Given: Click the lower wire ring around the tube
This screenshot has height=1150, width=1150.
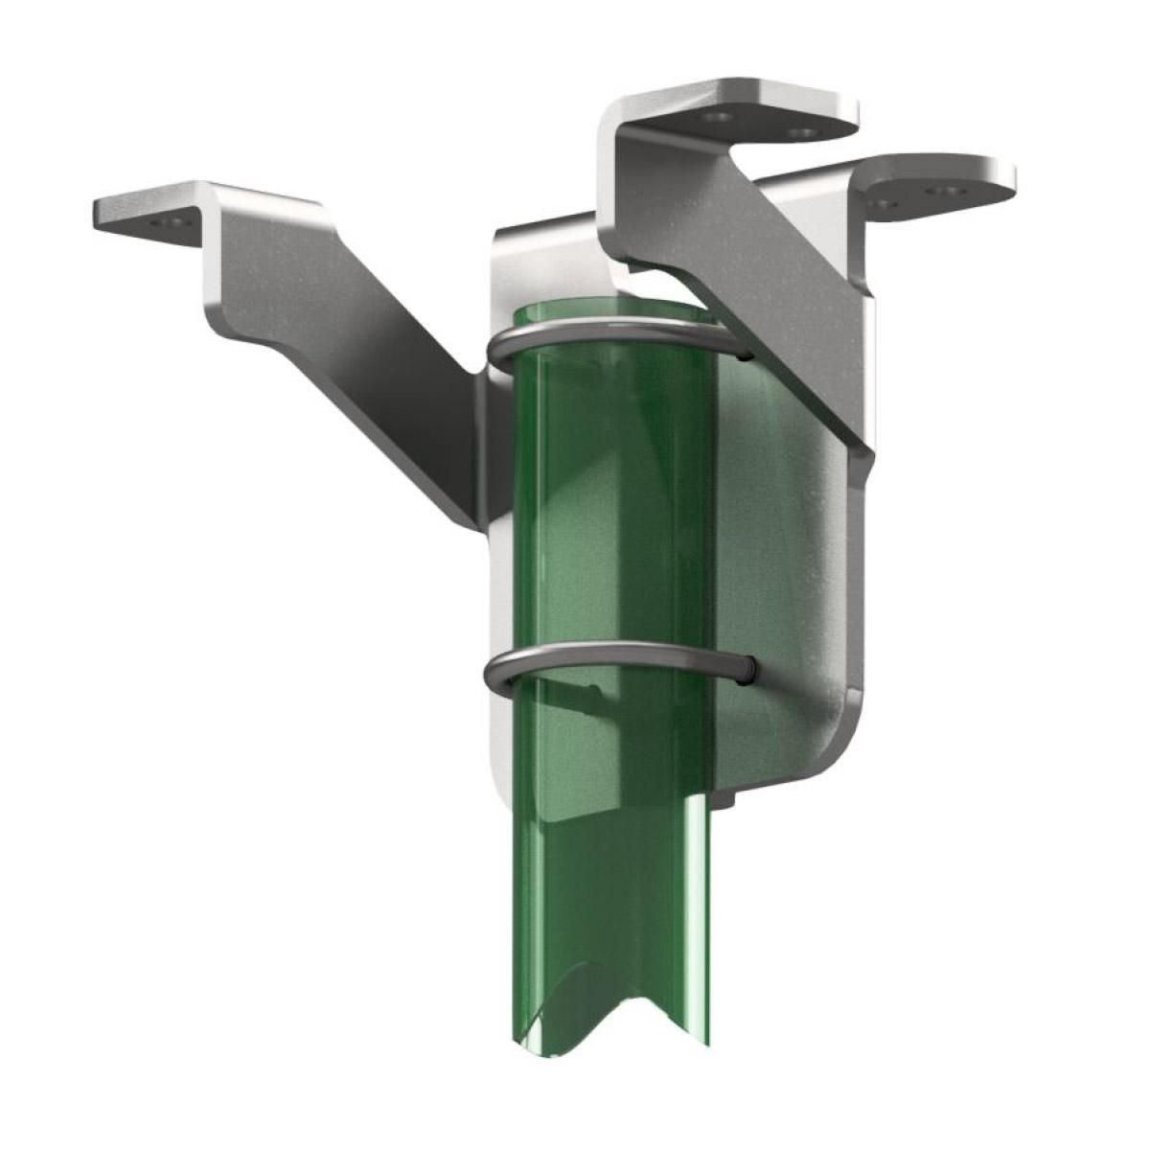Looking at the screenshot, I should coord(613,651).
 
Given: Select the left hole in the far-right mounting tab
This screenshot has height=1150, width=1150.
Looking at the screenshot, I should coord(883,203).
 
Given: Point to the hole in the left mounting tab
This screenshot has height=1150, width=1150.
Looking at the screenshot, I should coord(172,221).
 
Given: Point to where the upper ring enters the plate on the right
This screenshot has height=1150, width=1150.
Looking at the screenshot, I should coord(745,353).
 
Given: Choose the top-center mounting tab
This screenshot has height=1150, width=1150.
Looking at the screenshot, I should coord(757,110).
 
